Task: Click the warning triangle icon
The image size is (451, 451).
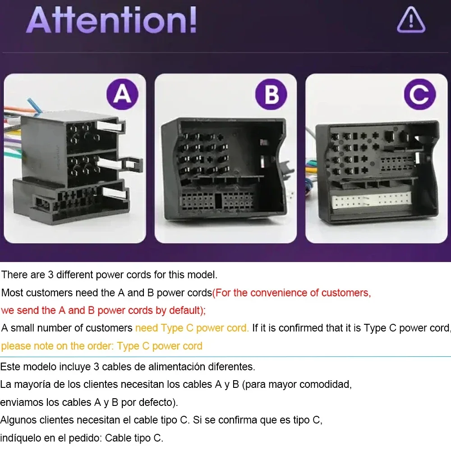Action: tap(411, 20)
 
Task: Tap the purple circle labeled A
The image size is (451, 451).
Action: tap(122, 94)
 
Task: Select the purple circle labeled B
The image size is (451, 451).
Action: tap(271, 94)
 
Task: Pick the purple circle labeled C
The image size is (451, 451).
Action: tap(419, 94)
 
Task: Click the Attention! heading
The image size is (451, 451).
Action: tap(112, 20)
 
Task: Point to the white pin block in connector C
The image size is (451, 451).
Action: tap(371, 200)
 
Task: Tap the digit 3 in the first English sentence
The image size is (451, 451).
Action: tap(51, 275)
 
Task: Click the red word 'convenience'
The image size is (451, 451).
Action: tap(279, 293)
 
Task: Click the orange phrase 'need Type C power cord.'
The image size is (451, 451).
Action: tap(192, 328)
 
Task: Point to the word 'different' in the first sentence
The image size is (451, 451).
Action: tap(74, 275)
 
